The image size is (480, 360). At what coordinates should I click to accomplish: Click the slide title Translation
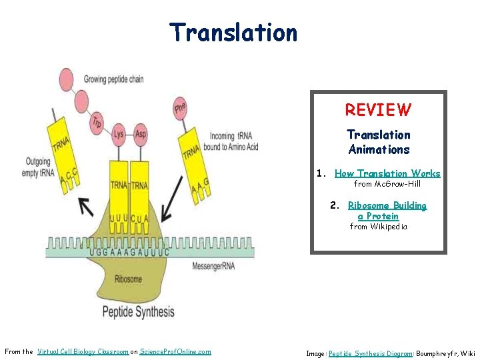pyautogui.click(x=233, y=32)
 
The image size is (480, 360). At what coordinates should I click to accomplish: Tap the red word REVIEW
pyautogui.click(x=378, y=110)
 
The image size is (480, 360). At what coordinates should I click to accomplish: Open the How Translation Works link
pyautogui.click(x=387, y=173)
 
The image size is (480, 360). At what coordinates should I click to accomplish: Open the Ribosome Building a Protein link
pyautogui.click(x=387, y=211)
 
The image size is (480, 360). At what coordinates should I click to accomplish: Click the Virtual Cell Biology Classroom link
pyautogui.click(x=83, y=351)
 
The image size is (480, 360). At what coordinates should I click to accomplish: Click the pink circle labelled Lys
pyautogui.click(x=119, y=134)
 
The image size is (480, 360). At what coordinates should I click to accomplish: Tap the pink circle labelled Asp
pyautogui.click(x=141, y=134)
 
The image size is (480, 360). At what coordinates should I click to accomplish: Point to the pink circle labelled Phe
pyautogui.click(x=180, y=109)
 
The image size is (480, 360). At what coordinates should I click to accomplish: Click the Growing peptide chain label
pyautogui.click(x=113, y=79)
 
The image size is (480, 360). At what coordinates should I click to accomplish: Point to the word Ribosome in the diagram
pyautogui.click(x=127, y=279)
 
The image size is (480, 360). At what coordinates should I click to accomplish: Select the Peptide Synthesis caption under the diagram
pyautogui.click(x=138, y=311)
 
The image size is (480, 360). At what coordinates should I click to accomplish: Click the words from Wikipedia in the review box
pyautogui.click(x=378, y=227)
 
